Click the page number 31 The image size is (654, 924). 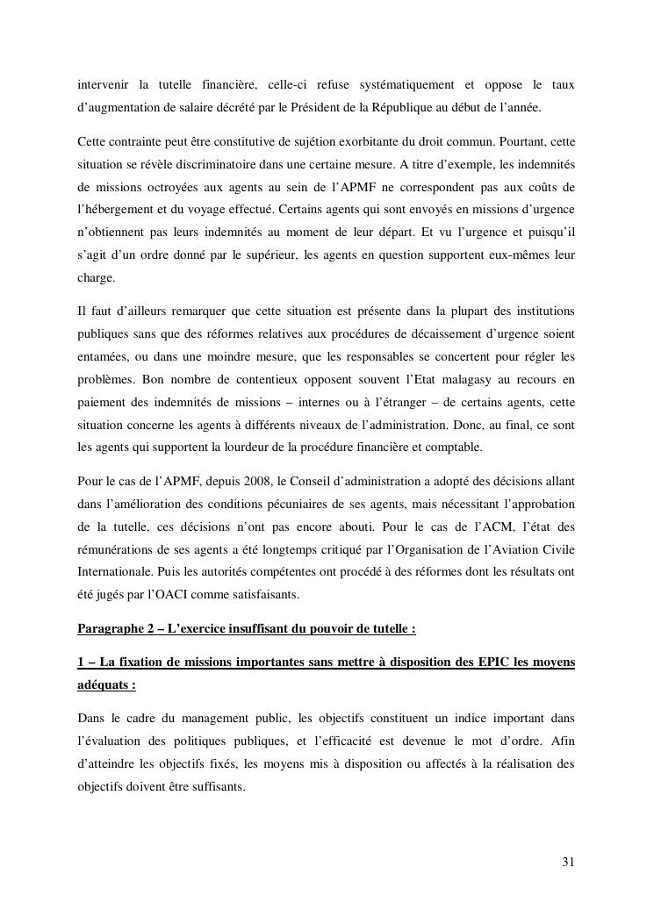coord(568,861)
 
